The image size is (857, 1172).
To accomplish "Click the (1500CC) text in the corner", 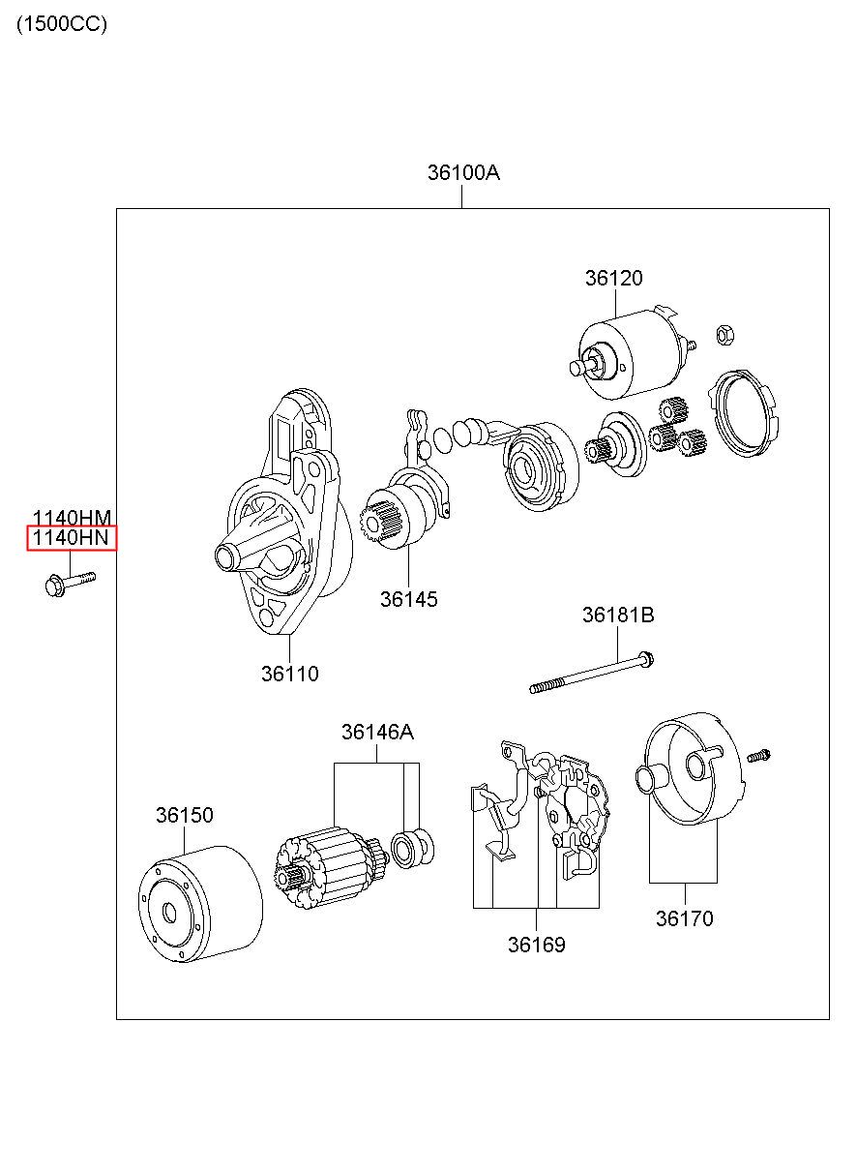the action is coord(62,24).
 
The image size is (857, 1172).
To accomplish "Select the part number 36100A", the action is coord(463,172).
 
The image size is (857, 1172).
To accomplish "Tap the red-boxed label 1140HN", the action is coord(72,537).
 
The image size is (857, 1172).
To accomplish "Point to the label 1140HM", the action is coord(73,518).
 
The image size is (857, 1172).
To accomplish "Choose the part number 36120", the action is coord(613,278).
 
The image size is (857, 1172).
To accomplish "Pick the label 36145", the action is coord(408,599).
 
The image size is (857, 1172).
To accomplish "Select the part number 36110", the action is coord(289,674).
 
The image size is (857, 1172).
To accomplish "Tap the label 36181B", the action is coord(618,615).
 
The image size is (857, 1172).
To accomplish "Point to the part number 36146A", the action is coord(377,732).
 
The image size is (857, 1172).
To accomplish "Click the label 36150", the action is coord(184,815).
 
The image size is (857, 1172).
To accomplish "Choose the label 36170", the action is coord(685,918).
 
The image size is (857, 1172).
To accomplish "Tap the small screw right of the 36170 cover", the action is coord(758,756).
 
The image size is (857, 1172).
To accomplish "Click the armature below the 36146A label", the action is coord(331,868).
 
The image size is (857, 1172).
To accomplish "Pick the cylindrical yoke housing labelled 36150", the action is coord(201,904).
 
